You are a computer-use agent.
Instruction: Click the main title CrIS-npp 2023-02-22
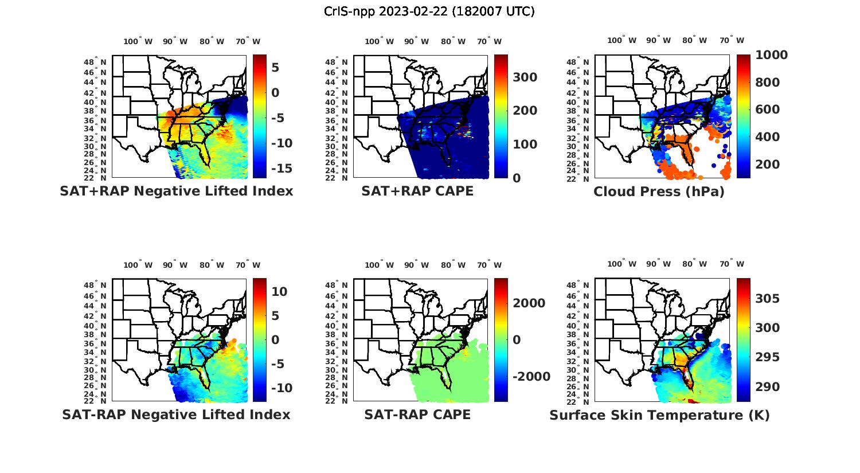click(429, 11)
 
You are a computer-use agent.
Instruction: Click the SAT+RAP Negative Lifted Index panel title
click(176, 191)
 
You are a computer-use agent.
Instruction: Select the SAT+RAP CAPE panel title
click(417, 191)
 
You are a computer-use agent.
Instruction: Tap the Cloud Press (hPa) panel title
click(659, 191)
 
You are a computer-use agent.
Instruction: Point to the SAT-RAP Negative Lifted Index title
click(176, 415)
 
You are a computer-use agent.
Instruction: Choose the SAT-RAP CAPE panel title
click(417, 415)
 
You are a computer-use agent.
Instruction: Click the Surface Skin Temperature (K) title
click(659, 415)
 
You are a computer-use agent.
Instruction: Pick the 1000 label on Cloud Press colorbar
click(772, 55)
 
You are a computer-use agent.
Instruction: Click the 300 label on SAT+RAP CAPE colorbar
click(525, 77)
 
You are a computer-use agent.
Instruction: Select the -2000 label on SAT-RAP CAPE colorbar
click(531, 377)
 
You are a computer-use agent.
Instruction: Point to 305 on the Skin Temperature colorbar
click(767, 299)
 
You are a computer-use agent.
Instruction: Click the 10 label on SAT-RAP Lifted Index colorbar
click(279, 292)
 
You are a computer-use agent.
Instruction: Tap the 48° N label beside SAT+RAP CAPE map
click(337, 62)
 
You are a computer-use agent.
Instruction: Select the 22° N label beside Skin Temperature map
click(578, 401)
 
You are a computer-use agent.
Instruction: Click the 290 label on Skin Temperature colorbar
click(767, 387)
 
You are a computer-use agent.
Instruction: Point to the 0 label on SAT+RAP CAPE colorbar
click(517, 178)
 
